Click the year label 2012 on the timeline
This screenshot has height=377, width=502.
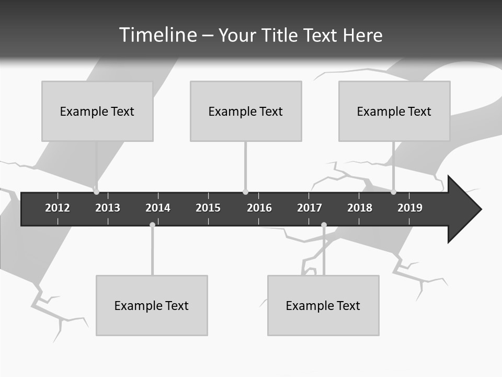[58, 208]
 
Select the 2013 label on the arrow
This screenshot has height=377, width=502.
[108, 208]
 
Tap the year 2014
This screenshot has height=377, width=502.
[158, 208]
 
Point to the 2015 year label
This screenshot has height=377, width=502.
[208, 208]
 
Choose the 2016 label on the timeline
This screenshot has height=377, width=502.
[259, 208]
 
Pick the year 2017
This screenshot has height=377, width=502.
[310, 208]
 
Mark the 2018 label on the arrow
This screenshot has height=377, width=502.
[360, 208]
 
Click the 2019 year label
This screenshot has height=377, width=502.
[410, 208]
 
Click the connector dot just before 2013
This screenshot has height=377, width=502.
[96, 192]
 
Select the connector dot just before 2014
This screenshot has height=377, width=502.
[152, 225]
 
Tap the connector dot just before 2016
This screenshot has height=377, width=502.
[245, 192]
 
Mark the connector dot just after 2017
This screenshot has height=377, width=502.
[324, 225]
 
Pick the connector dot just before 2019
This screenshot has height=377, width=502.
[393, 192]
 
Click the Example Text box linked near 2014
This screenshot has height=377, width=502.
[152, 305]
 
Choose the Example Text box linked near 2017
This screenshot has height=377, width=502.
[323, 305]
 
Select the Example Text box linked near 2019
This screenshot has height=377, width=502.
[394, 111]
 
